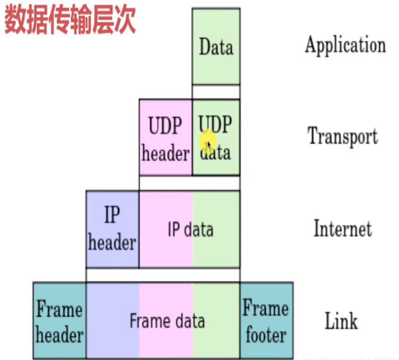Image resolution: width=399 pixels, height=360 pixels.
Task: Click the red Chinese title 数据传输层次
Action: click(70, 20)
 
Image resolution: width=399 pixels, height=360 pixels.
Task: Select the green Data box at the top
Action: click(216, 47)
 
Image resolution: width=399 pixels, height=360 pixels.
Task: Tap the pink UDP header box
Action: click(165, 137)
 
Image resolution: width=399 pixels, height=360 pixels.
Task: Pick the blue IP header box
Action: click(112, 229)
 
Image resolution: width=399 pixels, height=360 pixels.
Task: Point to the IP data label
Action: click(190, 230)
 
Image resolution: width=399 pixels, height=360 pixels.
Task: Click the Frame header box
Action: click(60, 321)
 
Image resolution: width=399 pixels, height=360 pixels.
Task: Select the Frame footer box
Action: click(266, 321)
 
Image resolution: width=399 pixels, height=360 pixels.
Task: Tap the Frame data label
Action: click(167, 321)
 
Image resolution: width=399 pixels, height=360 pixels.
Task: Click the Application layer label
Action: click(345, 45)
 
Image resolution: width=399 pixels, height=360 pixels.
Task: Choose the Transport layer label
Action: click(343, 136)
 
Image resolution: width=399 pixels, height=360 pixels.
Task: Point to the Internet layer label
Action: click(342, 229)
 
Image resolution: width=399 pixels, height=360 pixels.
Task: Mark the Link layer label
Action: click(341, 321)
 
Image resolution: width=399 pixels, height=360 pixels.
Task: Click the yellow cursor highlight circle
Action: click(207, 142)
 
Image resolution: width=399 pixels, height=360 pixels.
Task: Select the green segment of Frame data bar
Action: click(216, 343)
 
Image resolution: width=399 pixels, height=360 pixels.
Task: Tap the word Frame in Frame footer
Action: click(266, 309)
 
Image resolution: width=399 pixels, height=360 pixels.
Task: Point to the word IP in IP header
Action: click(112, 216)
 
